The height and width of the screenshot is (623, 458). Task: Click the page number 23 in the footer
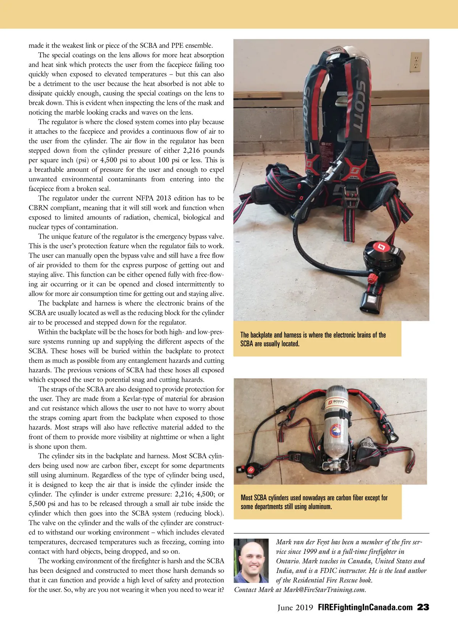point(423,607)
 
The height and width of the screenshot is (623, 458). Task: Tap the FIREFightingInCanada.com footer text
point(365,607)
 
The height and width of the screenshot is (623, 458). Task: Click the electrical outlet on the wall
point(416,62)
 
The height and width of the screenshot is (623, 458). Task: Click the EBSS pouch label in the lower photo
point(367,445)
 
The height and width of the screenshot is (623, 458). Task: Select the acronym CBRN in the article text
point(39,208)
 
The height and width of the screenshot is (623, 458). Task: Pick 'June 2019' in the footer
point(295,607)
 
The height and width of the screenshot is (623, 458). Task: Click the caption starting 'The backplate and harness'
point(313,339)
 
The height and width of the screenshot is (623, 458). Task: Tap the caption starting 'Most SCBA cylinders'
point(314,502)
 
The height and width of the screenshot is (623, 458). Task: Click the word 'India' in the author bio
point(285,571)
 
